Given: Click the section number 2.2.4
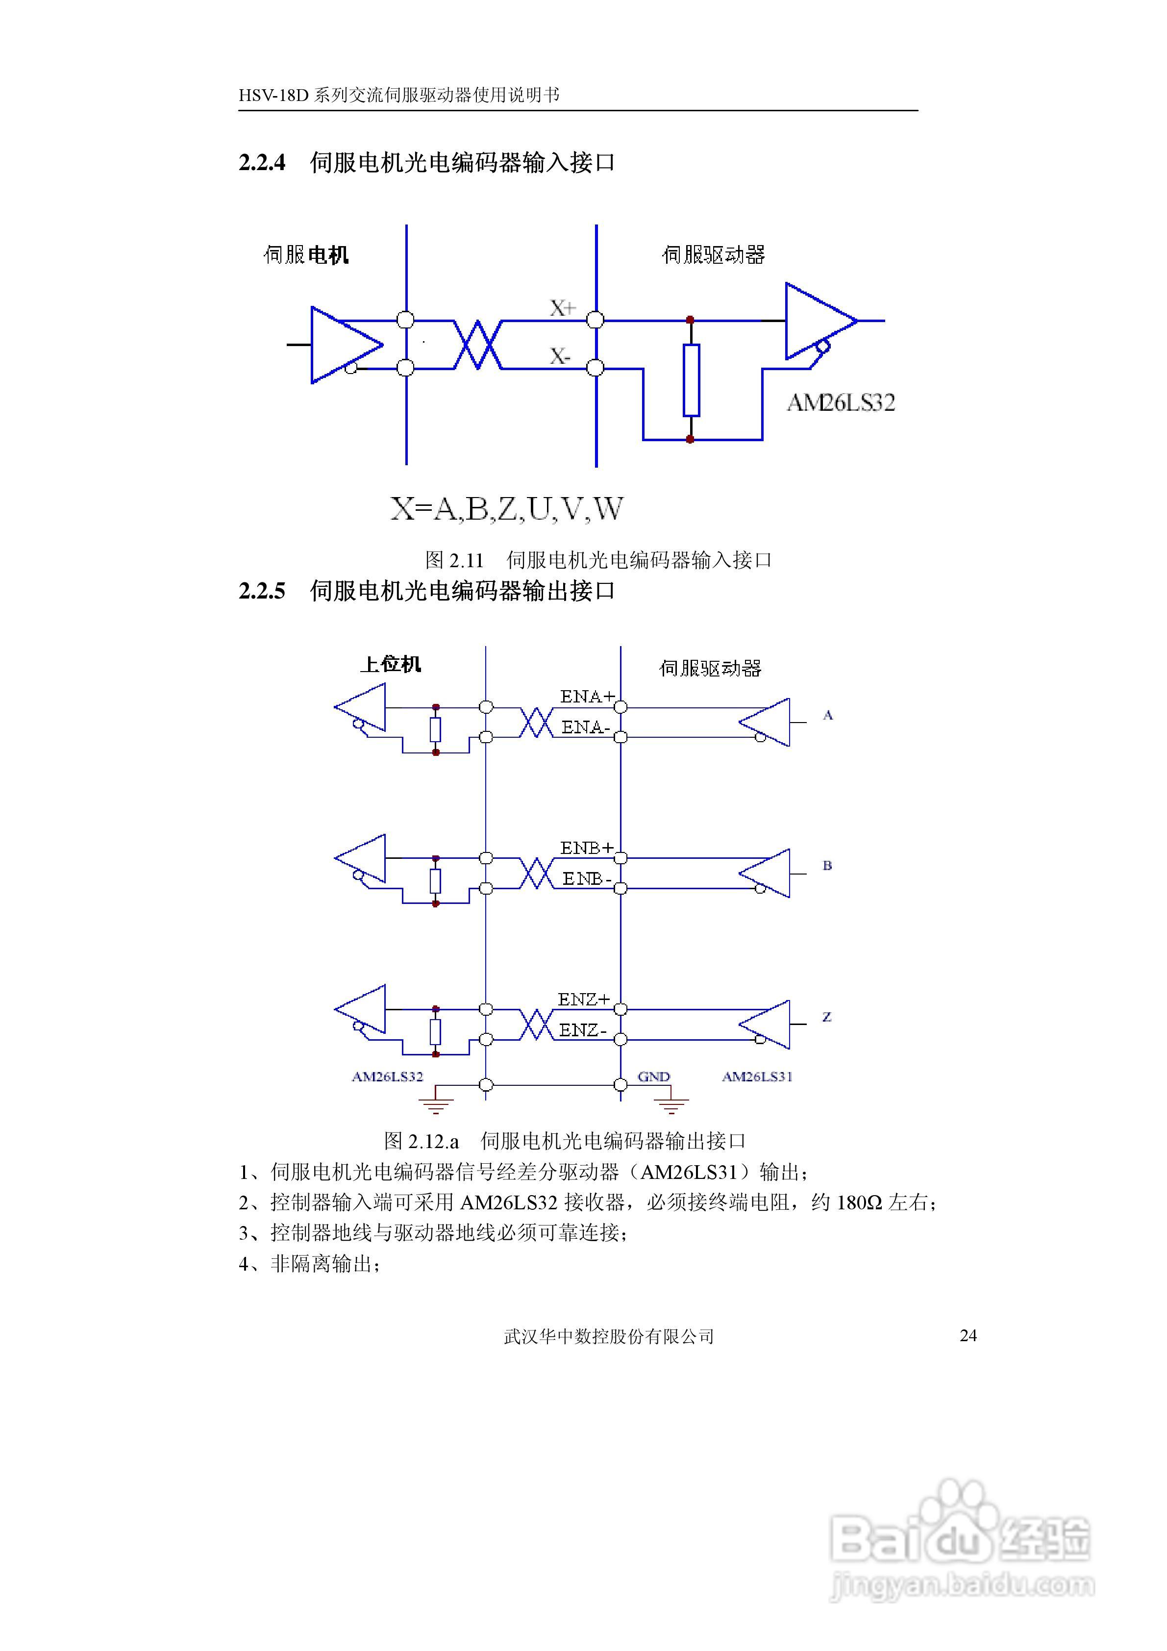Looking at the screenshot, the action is pos(262,163).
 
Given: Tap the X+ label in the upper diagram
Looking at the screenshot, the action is pos(562,308).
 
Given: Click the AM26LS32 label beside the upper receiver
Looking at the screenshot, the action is pos(841,402).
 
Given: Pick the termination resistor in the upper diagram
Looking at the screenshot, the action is pos(691,380).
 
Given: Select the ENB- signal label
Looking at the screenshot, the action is pos(587,879).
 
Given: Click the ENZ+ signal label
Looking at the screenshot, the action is pos(584,999).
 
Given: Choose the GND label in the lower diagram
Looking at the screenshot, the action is pos(654,1076).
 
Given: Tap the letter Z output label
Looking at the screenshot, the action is pos(827,1017).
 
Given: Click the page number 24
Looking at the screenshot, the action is pos(968,1335).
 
